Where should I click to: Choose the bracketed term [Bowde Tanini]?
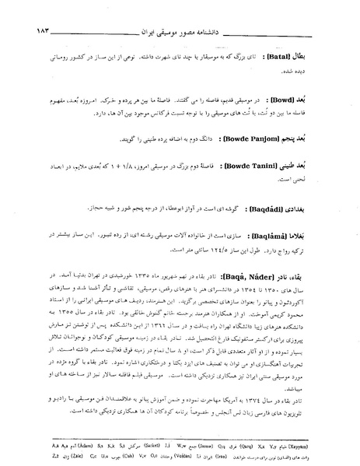click(257, 166)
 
